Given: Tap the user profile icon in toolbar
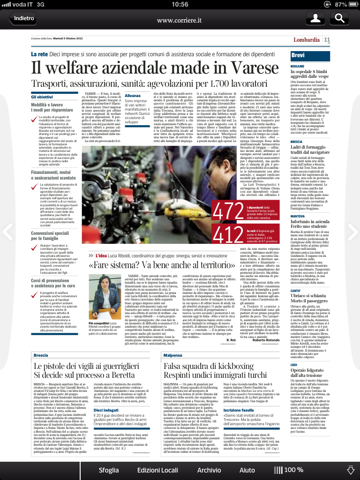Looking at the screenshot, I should [x=316, y=19].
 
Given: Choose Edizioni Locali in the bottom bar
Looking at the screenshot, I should [x=157, y=470].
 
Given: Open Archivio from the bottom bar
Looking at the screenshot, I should [x=209, y=470].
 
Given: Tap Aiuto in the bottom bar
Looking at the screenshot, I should [x=247, y=470].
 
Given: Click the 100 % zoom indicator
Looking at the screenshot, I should [x=289, y=470].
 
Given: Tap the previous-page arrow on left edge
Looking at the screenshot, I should [x=7, y=231].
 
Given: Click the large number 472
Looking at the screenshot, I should [x=228, y=211].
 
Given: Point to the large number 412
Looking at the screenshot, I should [x=228, y=233].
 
